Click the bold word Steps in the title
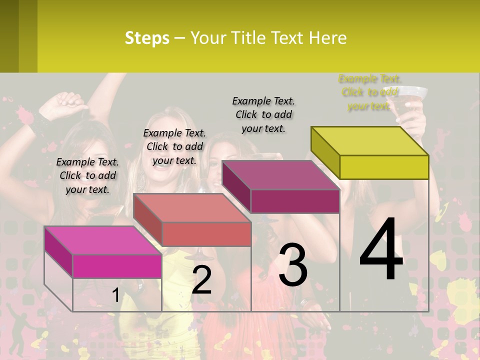point(147,38)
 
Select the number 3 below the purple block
point(293,264)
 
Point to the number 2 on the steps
point(201,280)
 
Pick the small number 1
point(115,295)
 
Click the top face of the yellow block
point(369,141)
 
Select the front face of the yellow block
point(384,167)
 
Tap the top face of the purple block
point(280,175)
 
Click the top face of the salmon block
point(191,207)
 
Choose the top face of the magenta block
point(102,240)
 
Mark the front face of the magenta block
point(117,266)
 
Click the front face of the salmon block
point(206,234)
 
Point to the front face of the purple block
point(295,201)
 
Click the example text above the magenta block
point(87,175)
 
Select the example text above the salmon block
point(174,146)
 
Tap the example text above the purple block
point(263,114)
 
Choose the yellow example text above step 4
point(369,92)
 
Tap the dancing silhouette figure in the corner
point(20,332)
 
